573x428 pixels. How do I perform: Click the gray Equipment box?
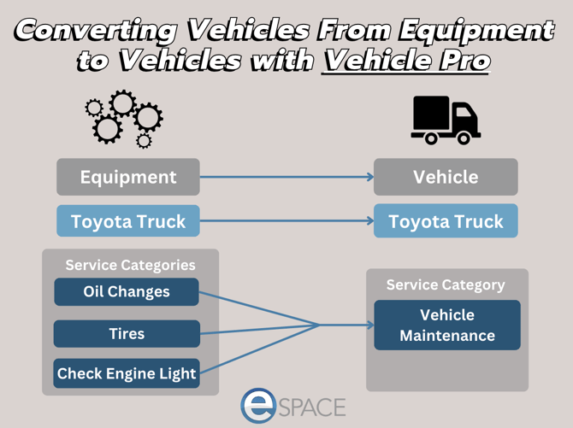tap(128, 177)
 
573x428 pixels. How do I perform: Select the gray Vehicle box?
tap(446, 177)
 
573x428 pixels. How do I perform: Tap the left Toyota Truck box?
tap(128, 221)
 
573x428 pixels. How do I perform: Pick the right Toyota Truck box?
tap(446, 221)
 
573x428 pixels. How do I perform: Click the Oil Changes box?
tap(127, 292)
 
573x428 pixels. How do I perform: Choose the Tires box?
tap(127, 333)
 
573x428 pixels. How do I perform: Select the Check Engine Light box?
tap(127, 373)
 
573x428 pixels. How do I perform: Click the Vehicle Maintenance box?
tap(446, 325)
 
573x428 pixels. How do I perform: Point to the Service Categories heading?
tap(130, 265)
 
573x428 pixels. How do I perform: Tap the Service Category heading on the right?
tap(446, 284)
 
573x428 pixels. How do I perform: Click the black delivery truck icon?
tap(445, 120)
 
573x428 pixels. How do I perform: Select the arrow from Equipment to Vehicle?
tap(286, 177)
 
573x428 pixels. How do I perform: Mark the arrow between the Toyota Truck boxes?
tap(286, 221)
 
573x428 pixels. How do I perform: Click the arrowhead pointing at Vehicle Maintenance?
tap(369, 325)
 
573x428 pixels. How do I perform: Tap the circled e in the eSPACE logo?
tap(258, 406)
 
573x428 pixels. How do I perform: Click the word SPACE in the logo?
tap(312, 407)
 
